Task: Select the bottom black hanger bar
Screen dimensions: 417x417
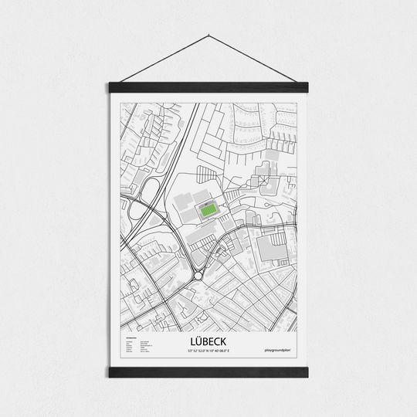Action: tap(208, 372)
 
